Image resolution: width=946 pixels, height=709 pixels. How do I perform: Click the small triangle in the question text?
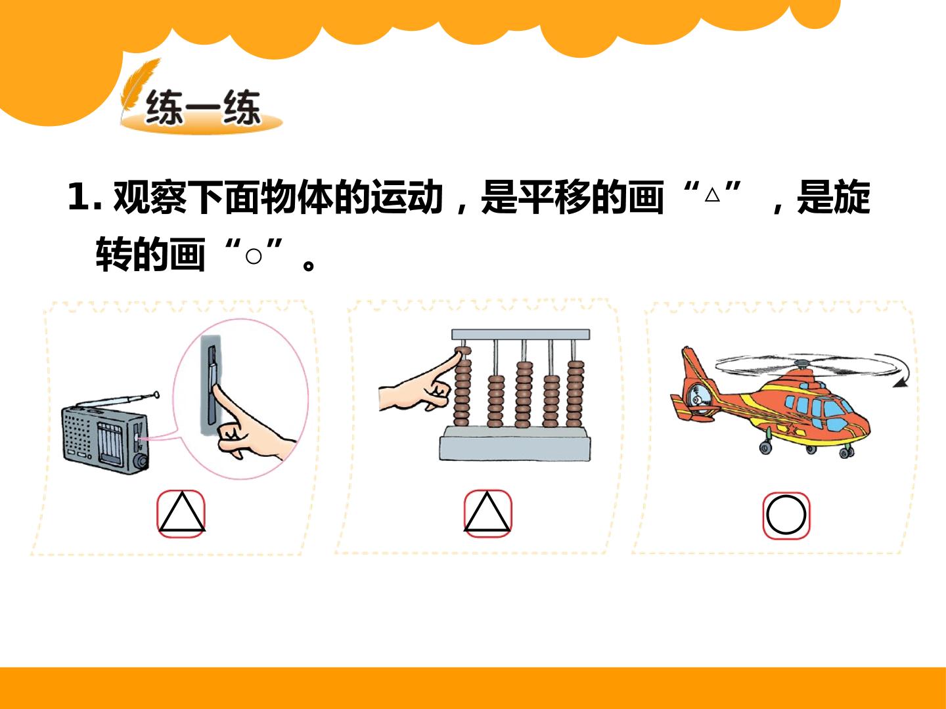click(x=712, y=196)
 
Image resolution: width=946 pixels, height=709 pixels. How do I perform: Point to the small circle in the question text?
click(x=254, y=257)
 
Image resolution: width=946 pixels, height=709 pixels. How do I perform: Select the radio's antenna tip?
click(x=156, y=394)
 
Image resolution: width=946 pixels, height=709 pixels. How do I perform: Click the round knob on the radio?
click(x=141, y=461)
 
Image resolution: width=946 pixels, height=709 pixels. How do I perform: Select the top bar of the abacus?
click(x=520, y=335)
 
